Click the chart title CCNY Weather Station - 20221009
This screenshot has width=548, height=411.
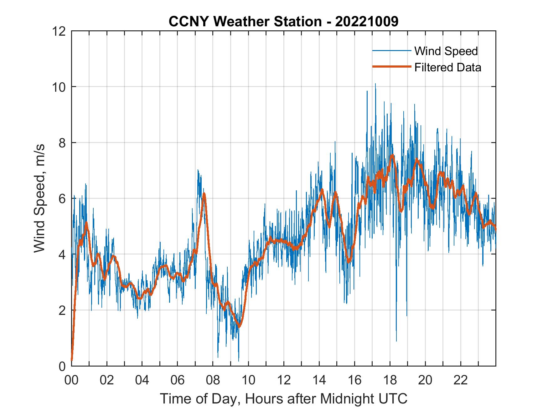tap(283, 21)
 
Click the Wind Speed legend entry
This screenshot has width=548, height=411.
tap(446, 51)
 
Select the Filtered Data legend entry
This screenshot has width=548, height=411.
tap(447, 67)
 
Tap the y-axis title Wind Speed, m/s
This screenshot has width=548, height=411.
tap(40, 198)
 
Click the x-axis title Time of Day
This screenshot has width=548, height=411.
tap(283, 398)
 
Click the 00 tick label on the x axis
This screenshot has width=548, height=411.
tap(71, 380)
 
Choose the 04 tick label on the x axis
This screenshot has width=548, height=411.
tap(142, 380)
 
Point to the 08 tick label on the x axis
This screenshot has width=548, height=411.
tap(213, 380)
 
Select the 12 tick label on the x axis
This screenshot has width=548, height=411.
tap(284, 380)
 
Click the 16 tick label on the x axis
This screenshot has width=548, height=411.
tap(354, 380)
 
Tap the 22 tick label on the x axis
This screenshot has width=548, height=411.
tap(461, 380)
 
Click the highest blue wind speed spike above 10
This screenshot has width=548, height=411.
tap(375, 84)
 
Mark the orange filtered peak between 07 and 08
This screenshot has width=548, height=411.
tap(204, 194)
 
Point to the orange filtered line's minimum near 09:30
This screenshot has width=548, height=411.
tap(239, 327)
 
